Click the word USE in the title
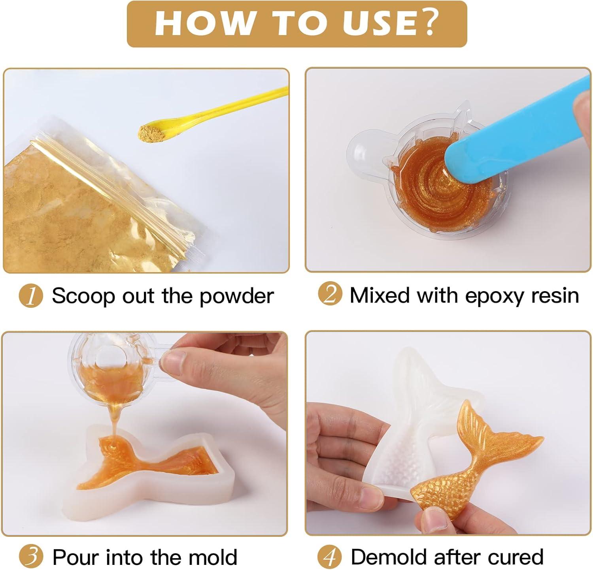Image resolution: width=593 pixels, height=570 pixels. coord(377,23)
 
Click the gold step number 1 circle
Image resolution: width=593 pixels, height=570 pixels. coord(31,296)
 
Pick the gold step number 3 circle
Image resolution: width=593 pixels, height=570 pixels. coord(31,556)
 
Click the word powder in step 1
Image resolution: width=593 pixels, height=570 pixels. coord(236,296)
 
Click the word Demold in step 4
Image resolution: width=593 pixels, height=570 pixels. coord(389,557)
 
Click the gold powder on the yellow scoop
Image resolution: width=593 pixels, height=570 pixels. coord(149,132)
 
